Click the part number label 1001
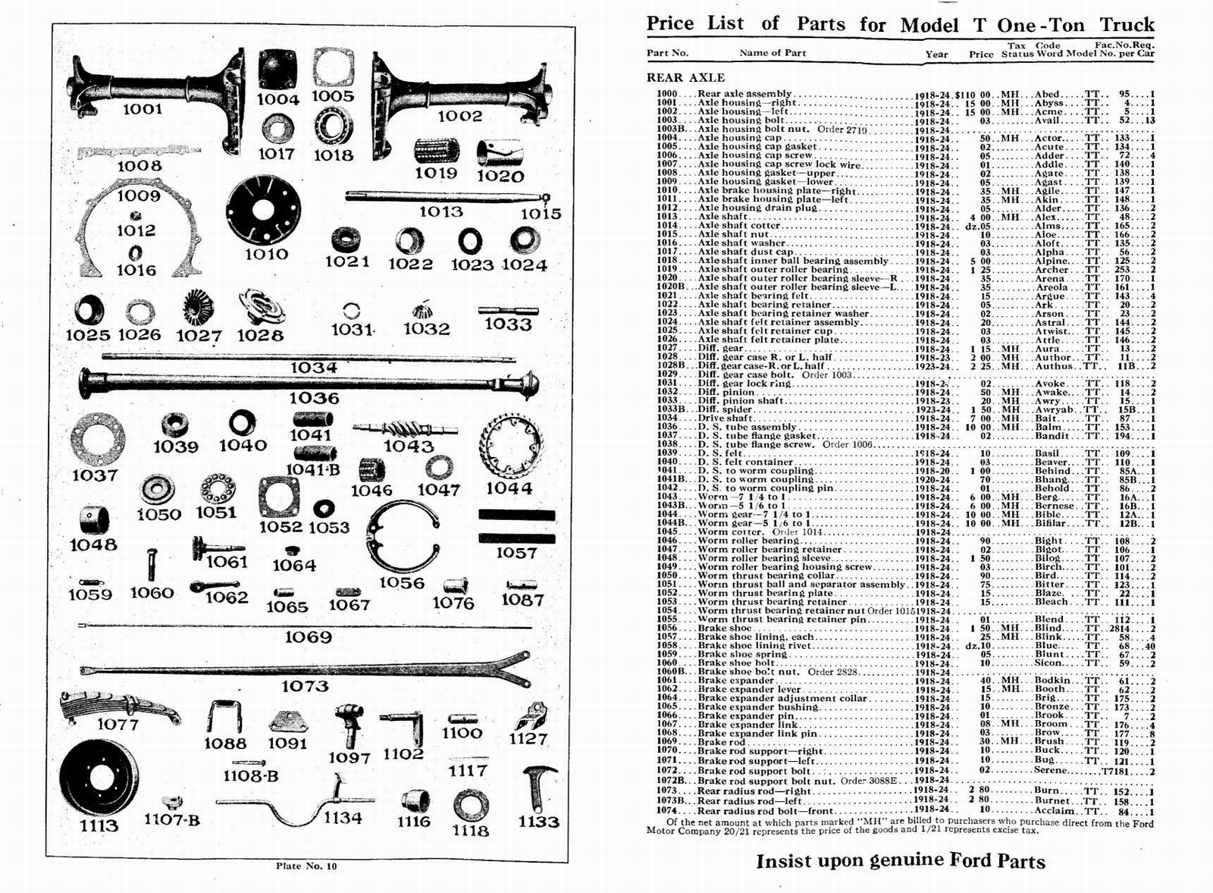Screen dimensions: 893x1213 click(x=143, y=109)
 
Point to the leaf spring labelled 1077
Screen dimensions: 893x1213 click(x=118, y=705)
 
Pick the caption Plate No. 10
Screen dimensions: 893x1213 click(x=306, y=866)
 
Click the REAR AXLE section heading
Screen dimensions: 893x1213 click(x=685, y=77)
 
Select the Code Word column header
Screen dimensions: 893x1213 click(x=1048, y=49)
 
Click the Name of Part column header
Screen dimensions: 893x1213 click(x=773, y=53)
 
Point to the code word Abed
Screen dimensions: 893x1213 click(x=1047, y=94)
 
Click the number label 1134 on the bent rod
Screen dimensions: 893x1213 click(x=342, y=818)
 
